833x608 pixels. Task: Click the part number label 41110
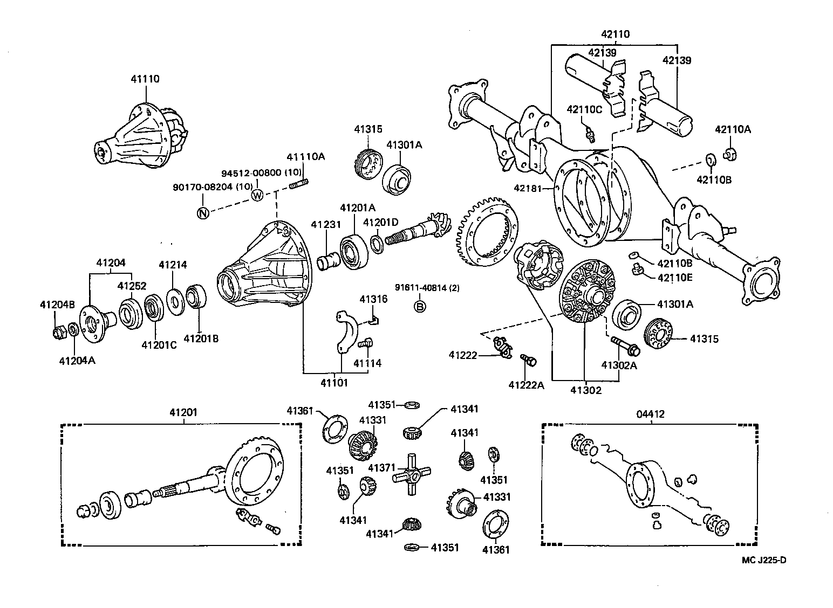[145, 79]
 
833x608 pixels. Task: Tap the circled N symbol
[203, 213]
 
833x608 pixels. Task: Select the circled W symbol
[257, 195]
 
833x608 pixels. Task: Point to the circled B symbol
[419, 307]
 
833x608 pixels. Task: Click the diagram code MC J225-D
[763, 560]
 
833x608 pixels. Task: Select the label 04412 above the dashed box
[650, 414]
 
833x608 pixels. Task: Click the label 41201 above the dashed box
[183, 412]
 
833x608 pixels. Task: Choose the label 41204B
[57, 305]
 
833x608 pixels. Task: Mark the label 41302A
[619, 365]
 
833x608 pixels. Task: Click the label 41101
[334, 383]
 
